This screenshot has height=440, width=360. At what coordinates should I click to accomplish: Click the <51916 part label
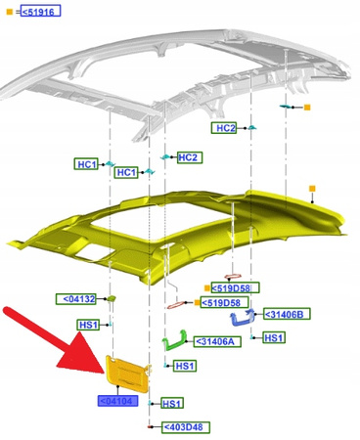coord(40,12)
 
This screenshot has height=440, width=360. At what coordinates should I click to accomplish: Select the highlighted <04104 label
coord(117,401)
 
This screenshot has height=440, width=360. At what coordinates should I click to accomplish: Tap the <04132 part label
coord(76,299)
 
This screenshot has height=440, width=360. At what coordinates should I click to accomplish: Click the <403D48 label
coord(186,427)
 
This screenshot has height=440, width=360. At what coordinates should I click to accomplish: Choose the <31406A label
coord(217,341)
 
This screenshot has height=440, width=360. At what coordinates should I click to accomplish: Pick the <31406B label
coord(287,314)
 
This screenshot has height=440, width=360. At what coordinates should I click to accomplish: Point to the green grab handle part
coord(174,340)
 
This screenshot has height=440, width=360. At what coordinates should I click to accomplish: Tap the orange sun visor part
coord(127,374)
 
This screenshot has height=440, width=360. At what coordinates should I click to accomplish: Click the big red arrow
coord(52,339)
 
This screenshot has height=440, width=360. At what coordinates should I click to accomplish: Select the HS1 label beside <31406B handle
coord(274,337)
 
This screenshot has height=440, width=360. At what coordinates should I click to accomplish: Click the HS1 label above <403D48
coord(172,403)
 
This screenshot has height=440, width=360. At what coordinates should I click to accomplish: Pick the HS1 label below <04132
coord(88,325)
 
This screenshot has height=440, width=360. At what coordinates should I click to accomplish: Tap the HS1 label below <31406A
coord(185,366)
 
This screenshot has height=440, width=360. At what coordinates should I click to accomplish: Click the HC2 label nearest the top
coord(224,128)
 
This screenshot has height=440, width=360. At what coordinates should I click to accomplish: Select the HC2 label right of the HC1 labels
coord(190,157)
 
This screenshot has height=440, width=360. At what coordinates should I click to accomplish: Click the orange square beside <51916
coord(10,12)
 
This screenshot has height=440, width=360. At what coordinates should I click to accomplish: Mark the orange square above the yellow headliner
coord(312,189)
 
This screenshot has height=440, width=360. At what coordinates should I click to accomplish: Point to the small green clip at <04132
coord(112,298)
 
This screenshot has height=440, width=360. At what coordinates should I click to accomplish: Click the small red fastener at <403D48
coord(150,426)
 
